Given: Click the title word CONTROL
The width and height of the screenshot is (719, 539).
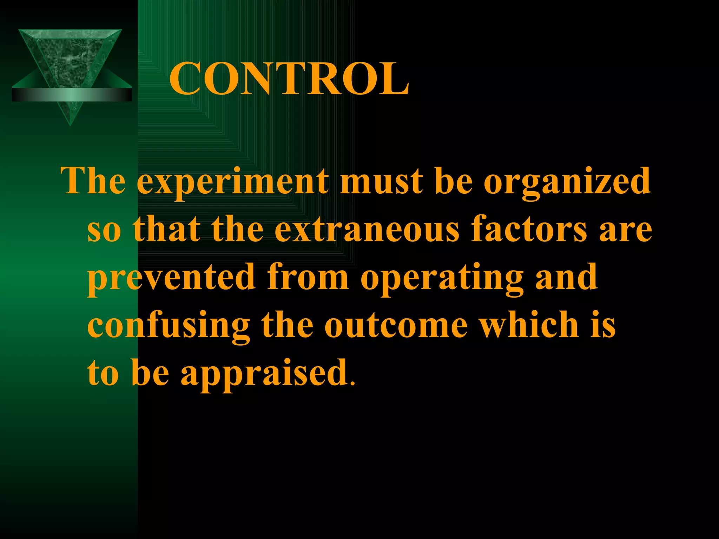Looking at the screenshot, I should coord(289,79).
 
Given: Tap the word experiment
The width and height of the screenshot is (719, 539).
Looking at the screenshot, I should coord(232,182).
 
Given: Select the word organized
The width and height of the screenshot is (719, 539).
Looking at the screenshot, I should coord(567,182).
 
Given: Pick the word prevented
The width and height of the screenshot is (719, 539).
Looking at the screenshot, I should coord(171,277).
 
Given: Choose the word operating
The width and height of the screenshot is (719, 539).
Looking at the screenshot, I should coord(442,278).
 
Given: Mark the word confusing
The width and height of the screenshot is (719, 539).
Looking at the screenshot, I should coord(169,325).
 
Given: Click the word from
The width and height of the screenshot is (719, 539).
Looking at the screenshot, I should coord(308,277).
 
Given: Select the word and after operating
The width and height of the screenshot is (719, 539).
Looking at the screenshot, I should coord(566,277).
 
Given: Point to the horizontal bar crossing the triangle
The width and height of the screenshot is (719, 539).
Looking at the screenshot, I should coord(72,95).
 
